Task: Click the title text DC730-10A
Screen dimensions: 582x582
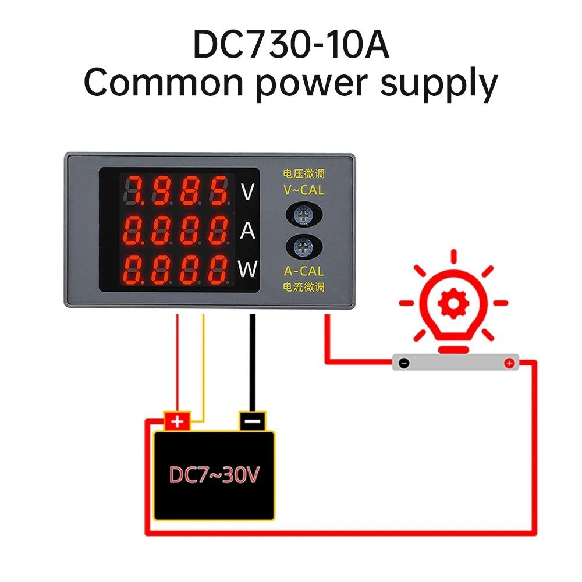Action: coord(291,45)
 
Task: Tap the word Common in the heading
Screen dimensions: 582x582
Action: coord(164,82)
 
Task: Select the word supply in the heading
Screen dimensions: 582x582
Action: coord(439,84)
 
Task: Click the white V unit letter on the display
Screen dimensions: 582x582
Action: coord(247,192)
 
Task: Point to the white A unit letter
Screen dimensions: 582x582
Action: coord(247,230)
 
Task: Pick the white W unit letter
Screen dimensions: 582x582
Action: coord(247,269)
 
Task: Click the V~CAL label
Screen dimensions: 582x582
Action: coord(304,190)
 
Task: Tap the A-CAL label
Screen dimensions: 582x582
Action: coord(304,271)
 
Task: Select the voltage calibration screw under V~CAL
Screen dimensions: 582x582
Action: coord(304,215)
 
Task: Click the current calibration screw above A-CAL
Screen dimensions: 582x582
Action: coord(304,247)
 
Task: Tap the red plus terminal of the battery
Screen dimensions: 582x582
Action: coord(178,421)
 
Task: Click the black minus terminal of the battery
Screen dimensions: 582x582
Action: coord(253,421)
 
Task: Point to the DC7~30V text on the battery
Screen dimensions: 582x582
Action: coord(214,475)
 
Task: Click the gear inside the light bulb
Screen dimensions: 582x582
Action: coord(453,303)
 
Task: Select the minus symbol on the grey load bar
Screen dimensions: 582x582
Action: coord(404,363)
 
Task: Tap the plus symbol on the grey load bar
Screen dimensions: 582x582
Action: coord(509,363)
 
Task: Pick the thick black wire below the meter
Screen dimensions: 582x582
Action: coord(253,363)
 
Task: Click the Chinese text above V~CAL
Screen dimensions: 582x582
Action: coord(304,173)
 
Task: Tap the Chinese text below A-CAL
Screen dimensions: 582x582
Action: coord(304,287)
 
